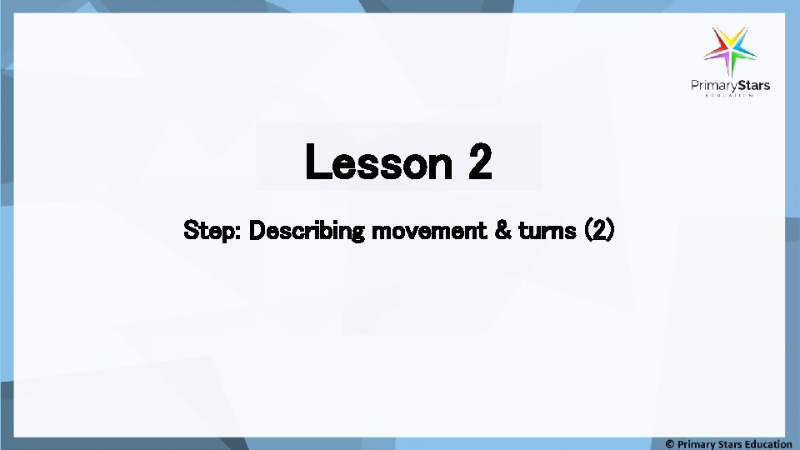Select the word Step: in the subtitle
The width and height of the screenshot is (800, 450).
tap(212, 230)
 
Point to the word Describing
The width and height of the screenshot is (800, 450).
tap(307, 230)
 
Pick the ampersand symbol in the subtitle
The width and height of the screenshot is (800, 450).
tap(502, 230)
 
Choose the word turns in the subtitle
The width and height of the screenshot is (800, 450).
tap(547, 230)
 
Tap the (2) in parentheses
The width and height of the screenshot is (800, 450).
tap(599, 230)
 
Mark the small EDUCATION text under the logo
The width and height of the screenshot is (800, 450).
tap(730, 96)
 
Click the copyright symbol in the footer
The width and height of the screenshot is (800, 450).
tap(670, 444)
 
